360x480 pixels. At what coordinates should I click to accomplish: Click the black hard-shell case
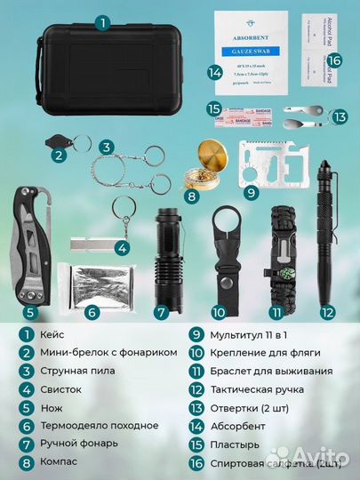(105, 78)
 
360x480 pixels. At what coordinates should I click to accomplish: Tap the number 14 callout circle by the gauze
(213, 73)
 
